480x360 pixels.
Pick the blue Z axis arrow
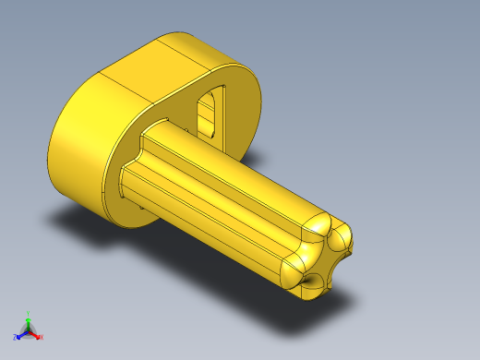21,333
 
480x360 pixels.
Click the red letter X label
41,338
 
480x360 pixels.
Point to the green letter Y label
29,313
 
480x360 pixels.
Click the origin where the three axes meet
29,330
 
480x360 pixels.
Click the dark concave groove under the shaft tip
314,280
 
